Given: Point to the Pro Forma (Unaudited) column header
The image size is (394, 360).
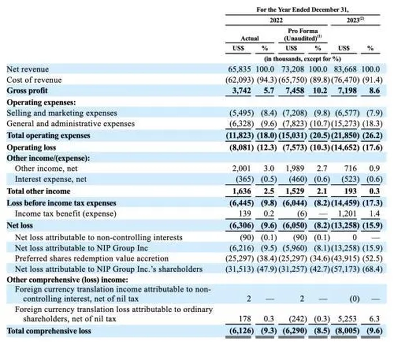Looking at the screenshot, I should coord(303,34).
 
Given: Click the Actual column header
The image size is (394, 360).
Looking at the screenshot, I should coord(249,38).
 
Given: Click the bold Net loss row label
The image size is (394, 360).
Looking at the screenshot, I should coord(20,224).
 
